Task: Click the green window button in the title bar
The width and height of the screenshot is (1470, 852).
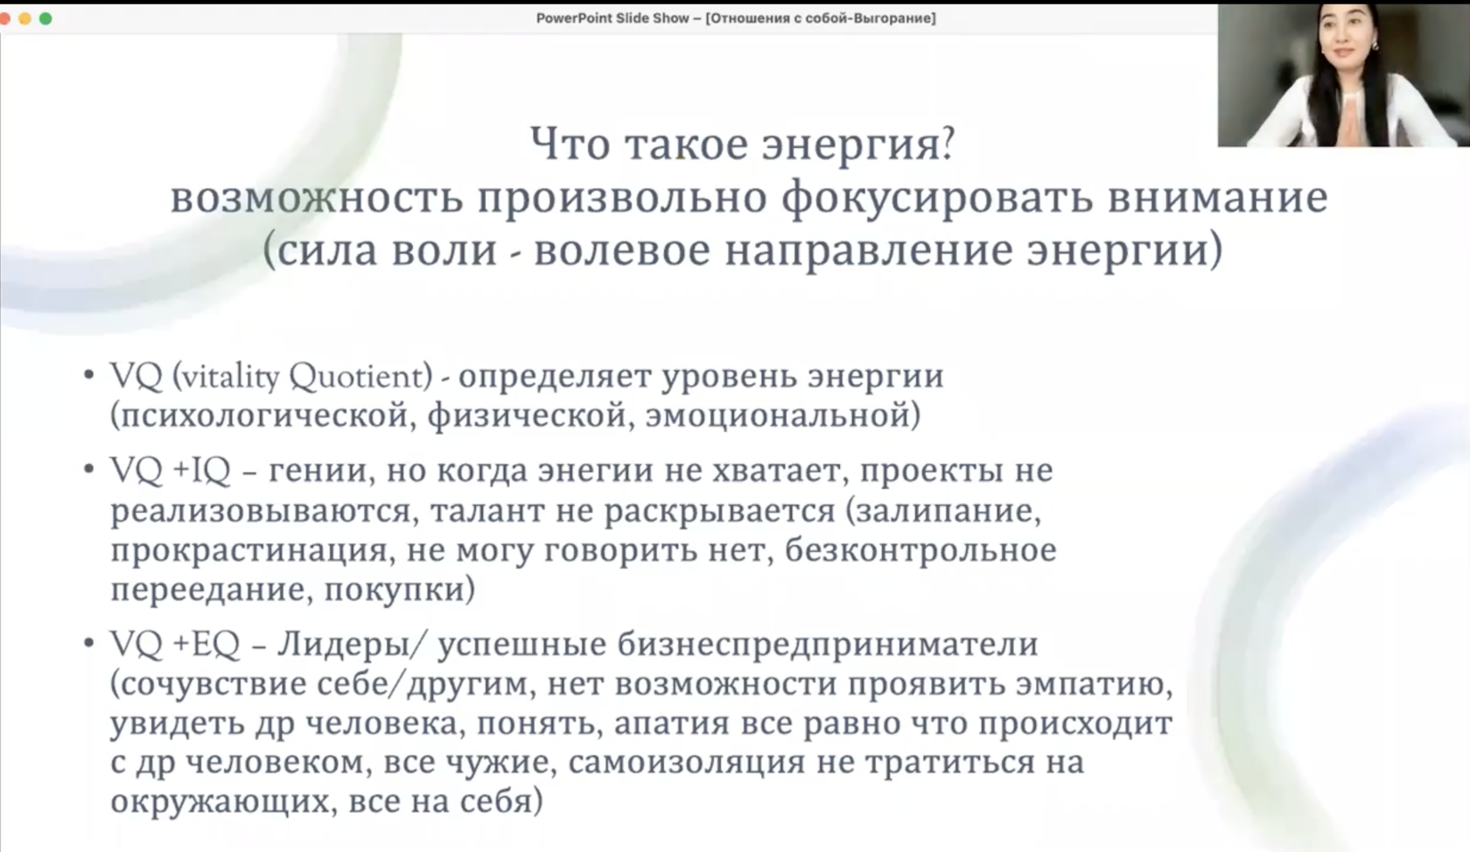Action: [x=45, y=18]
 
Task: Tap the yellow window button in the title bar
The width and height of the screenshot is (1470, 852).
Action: [x=24, y=18]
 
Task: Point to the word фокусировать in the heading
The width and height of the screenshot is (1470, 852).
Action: [x=936, y=198]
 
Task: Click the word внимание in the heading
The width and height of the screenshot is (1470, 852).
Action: [x=1217, y=198]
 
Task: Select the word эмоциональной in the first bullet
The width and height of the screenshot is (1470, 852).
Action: [x=777, y=416]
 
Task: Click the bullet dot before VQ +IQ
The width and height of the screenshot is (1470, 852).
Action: [x=88, y=469]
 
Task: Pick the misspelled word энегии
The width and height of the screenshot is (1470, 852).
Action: [x=595, y=471]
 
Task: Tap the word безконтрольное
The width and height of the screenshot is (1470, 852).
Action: [x=920, y=549]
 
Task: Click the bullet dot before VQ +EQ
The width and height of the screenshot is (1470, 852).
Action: [x=88, y=643]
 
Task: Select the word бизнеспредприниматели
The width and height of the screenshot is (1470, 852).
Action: [x=827, y=644]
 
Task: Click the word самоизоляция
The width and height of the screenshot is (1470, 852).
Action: [x=686, y=762]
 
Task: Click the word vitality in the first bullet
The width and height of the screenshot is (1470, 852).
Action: [x=229, y=377]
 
